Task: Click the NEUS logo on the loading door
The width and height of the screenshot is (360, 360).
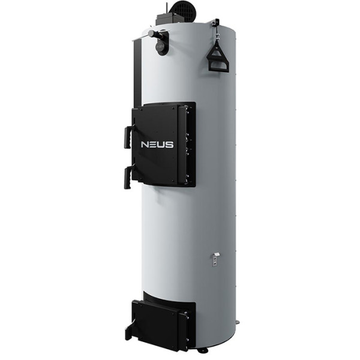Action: (x=157, y=145)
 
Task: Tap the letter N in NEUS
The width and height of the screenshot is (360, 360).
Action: (x=145, y=145)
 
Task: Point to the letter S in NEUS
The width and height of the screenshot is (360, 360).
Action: (x=169, y=145)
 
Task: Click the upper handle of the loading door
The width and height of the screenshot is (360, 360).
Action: (x=128, y=137)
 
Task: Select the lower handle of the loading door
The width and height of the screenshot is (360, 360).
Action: (x=128, y=178)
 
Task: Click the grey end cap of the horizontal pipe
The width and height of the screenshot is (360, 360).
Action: (x=152, y=34)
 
